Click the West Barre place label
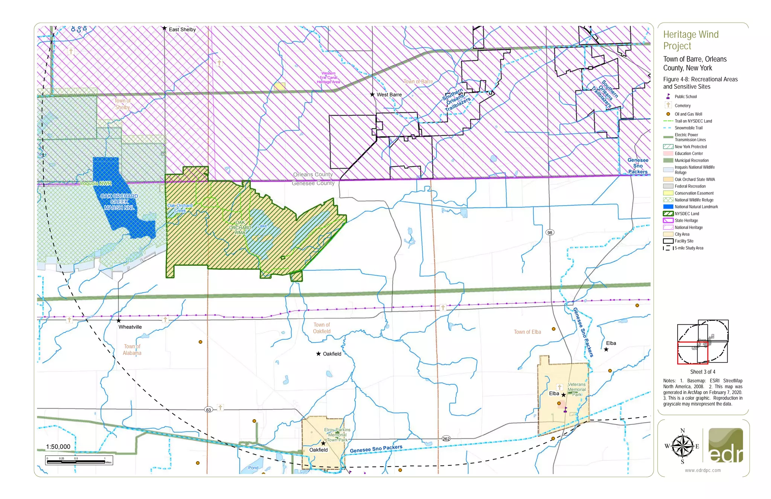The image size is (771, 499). pos(389,95)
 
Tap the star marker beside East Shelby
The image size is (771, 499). pos(165,28)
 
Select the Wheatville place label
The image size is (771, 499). pos(130,327)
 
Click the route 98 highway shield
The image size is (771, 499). pos(550,232)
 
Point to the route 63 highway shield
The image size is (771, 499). pos(209,409)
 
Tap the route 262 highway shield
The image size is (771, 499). pos(446,439)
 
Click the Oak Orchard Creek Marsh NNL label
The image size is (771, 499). pos(119,202)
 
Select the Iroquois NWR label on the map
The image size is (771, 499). pos(96,183)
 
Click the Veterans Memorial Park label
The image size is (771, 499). pos(576,389)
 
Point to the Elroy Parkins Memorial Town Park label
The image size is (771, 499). pos(337,435)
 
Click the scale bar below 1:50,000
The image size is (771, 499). pos(79,461)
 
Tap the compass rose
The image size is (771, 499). pos(682,446)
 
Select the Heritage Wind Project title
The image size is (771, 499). pos(690,40)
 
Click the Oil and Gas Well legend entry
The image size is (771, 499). pos(688,114)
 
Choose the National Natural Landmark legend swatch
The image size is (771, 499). pos(668,207)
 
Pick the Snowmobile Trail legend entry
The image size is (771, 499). pos(688,128)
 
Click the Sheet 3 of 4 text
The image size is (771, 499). pos(702,372)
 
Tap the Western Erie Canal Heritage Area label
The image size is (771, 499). pos(328,78)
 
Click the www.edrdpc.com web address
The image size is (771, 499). pos(702,470)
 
